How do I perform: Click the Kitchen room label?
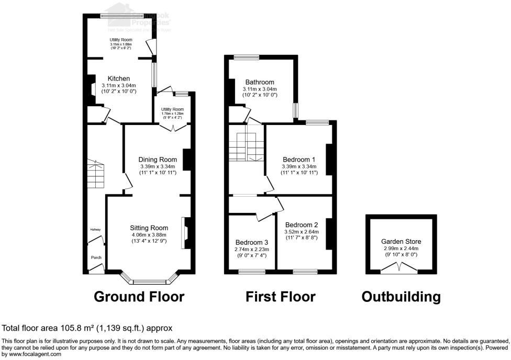coord(118,78)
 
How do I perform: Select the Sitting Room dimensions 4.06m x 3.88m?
coord(149,234)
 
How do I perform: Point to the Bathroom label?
coord(260,82)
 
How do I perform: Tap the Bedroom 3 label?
coord(252,243)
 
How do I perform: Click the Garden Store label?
coord(401,242)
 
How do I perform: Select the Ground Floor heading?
coord(139,297)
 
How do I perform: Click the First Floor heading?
coord(281,297)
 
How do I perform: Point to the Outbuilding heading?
coord(401,297)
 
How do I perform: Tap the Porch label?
coord(96,257)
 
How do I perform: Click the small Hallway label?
coord(94,230)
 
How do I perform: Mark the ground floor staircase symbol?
coord(96,175)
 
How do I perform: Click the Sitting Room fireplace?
coord(186,233)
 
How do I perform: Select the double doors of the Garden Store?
coord(401,268)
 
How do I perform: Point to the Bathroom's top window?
coord(243,57)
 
